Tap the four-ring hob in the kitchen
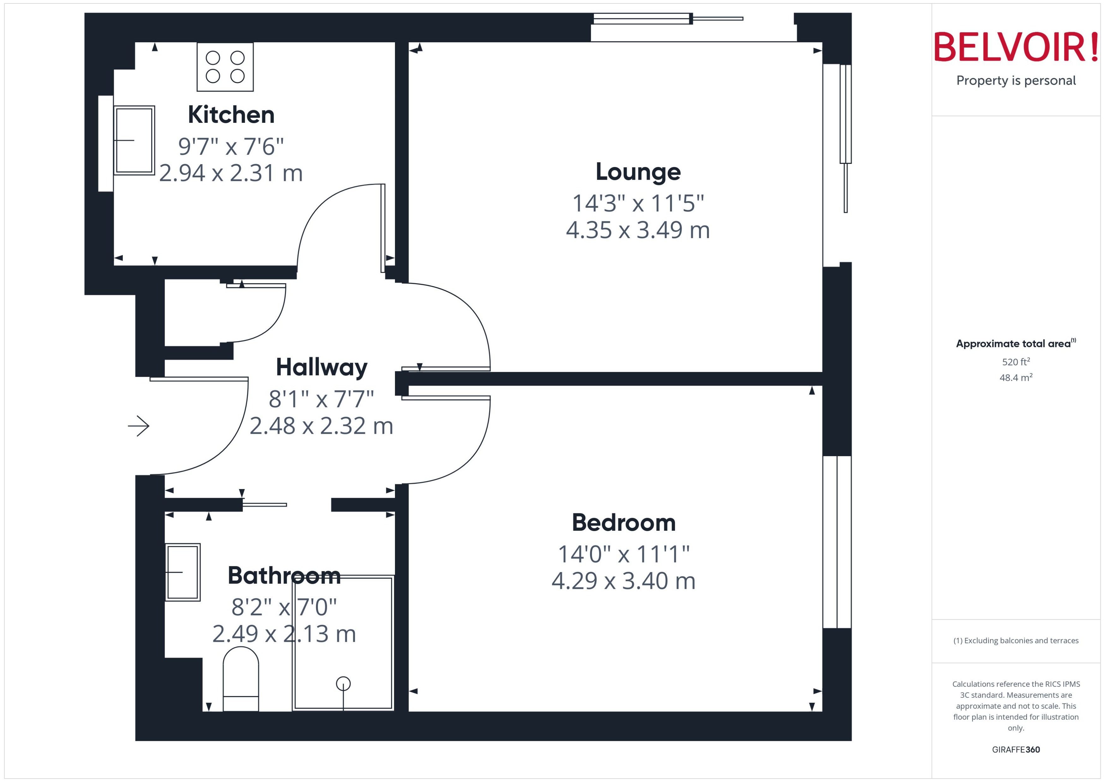(225, 67)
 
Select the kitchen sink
(134, 140)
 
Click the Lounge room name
(638, 172)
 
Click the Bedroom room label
(624, 522)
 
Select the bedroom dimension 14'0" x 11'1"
(624, 554)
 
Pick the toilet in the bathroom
(241, 679)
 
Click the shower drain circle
(343, 683)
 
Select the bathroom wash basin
(182, 572)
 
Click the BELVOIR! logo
(1016, 47)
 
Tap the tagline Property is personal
(1016, 81)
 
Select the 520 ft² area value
(1016, 361)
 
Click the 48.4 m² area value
(1016, 378)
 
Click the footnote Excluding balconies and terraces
(1016, 641)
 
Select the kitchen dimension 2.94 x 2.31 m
(231, 173)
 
